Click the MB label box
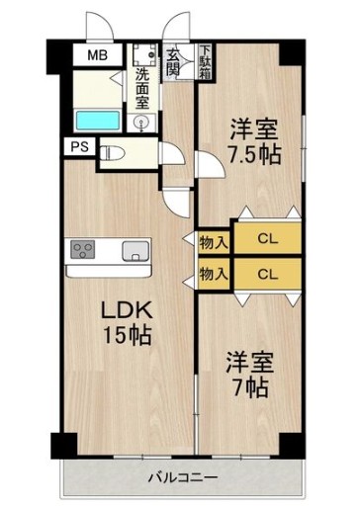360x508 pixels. pyautogui.click(x=96, y=56)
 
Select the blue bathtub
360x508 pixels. pyautogui.click(x=98, y=121)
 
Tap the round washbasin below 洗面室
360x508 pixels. pyautogui.click(x=142, y=124)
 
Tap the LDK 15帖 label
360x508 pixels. pyautogui.click(x=129, y=322)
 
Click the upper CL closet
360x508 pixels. pyautogui.click(x=266, y=237)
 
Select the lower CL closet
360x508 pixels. pyautogui.click(x=266, y=273)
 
